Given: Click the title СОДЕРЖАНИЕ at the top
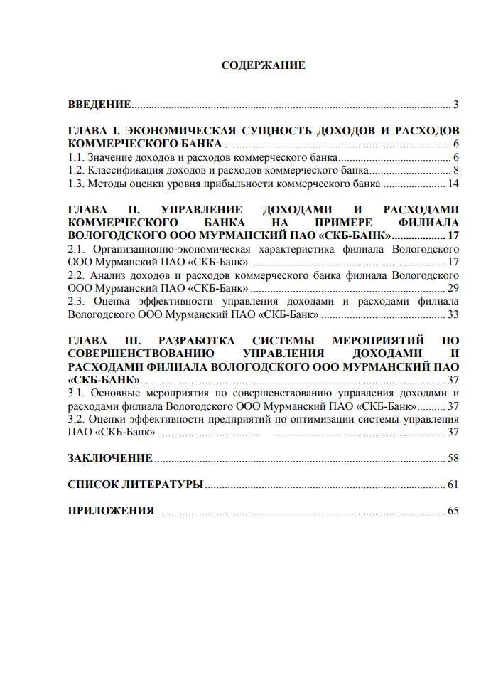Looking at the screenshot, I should [263, 65].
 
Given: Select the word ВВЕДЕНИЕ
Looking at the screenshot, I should [99, 105].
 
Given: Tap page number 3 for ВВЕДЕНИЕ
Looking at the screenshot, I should [456, 105].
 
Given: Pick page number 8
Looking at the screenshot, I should [456, 171].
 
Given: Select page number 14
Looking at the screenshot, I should [453, 184].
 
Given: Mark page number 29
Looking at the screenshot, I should [453, 288].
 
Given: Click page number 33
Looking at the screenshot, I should [453, 314].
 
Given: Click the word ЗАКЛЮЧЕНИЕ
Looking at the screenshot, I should [109, 457].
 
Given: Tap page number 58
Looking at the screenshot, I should [453, 457].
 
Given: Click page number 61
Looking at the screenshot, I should [453, 485].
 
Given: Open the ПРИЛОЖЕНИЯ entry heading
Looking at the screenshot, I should [111, 511].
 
